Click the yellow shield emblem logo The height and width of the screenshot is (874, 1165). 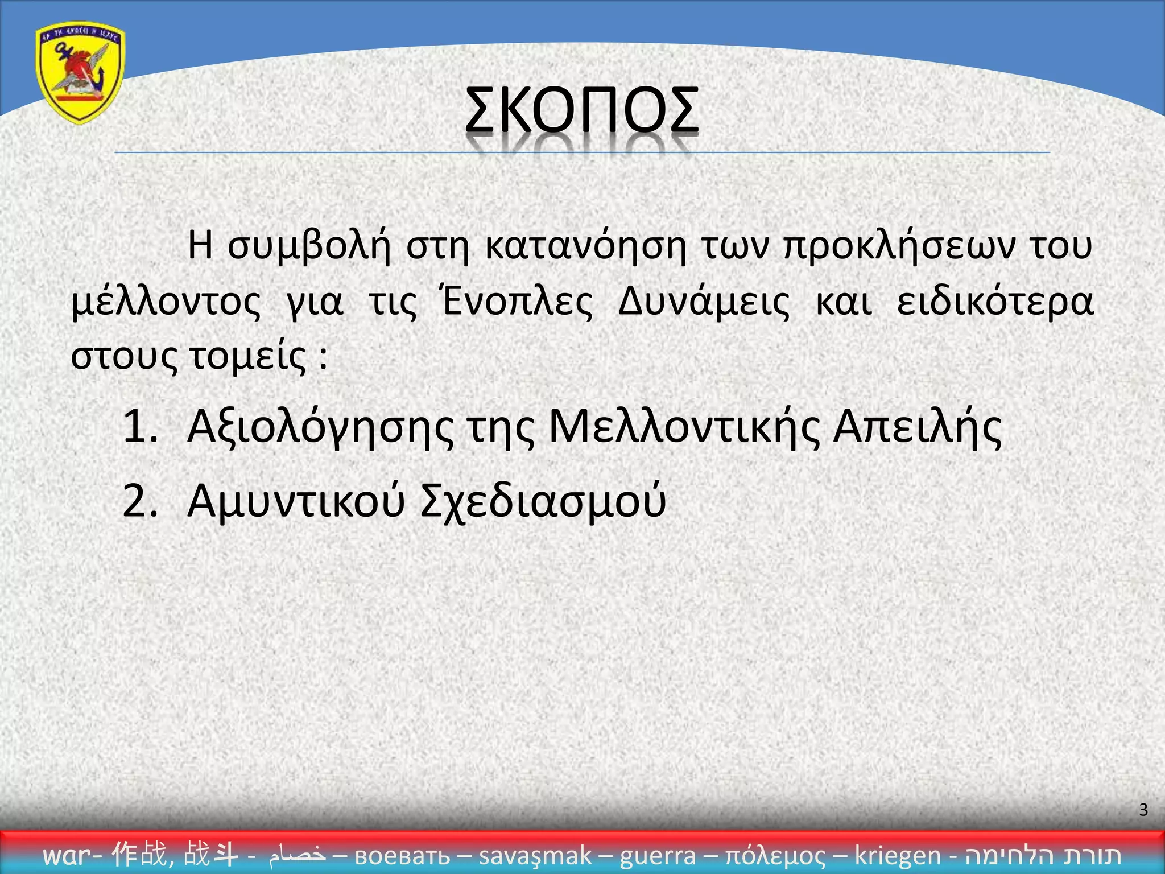click(x=80, y=73)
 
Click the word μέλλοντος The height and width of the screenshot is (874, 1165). click(x=166, y=302)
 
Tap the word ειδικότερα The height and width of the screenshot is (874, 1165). click(x=995, y=302)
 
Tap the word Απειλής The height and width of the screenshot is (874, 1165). click(x=917, y=427)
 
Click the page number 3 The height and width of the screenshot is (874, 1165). click(x=1143, y=809)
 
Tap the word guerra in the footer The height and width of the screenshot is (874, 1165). click(x=658, y=855)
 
